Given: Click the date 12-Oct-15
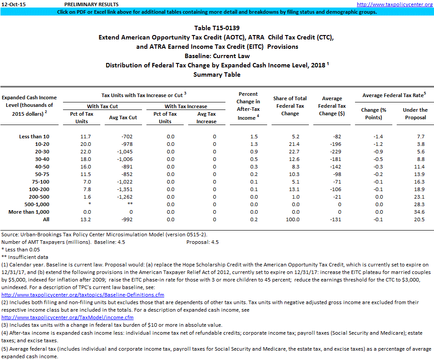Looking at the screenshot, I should [x=13, y=4].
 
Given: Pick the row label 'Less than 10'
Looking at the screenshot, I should [x=35, y=136].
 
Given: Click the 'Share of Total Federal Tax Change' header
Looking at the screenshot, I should [x=290, y=106].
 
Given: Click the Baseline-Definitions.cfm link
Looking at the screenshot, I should [x=83, y=282].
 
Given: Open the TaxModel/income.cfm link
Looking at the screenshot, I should [x=67, y=317].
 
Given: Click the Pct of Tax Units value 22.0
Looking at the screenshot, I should [x=82, y=151].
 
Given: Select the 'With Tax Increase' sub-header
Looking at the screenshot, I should [x=185, y=106].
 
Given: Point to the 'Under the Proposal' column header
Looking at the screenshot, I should [x=415, y=113].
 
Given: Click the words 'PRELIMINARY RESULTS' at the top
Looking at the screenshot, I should [x=85, y=4].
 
